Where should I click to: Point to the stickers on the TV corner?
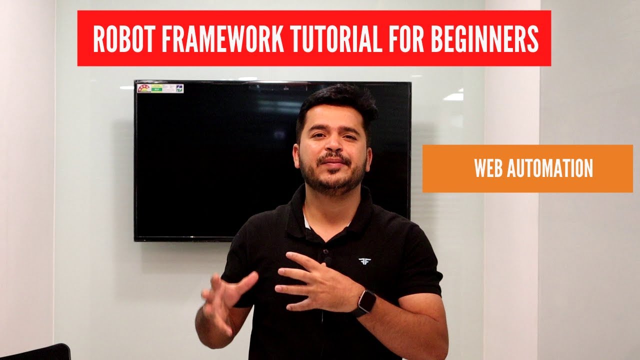point(160,88)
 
